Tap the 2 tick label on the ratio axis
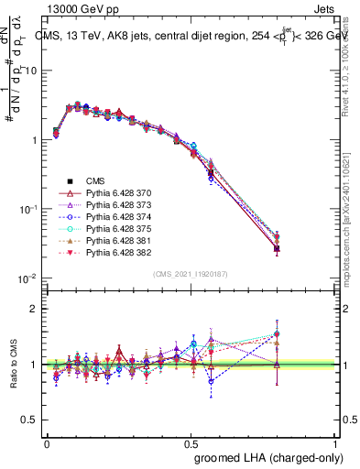click(33, 309)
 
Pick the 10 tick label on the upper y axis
click(29, 71)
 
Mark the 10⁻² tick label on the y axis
click(27, 278)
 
